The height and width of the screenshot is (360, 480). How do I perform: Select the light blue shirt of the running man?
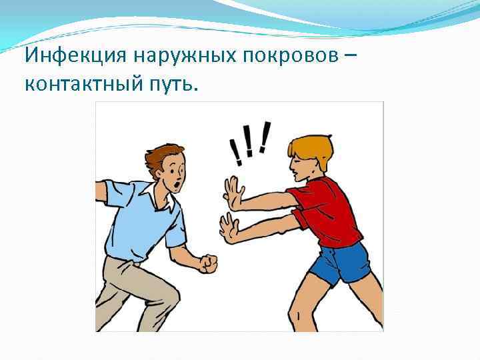pyautogui.click(x=143, y=220)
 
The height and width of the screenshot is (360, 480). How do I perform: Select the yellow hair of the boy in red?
pyautogui.click(x=311, y=147)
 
